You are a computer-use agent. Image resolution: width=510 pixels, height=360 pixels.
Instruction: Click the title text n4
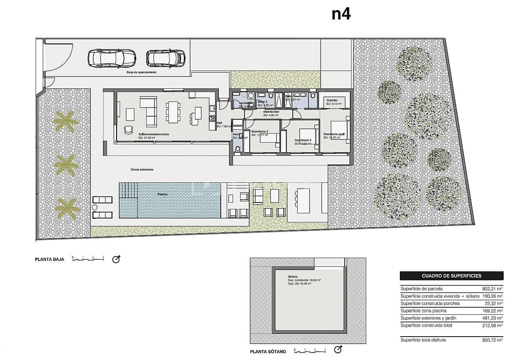click(x=341, y=14)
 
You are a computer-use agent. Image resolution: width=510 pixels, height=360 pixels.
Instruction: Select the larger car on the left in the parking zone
click(x=111, y=58)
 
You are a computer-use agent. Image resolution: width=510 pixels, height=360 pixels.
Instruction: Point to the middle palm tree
click(x=66, y=165)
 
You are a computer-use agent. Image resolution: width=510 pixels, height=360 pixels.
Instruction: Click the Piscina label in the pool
click(x=162, y=194)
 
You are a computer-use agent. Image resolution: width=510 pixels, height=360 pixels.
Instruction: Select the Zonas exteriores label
click(x=142, y=169)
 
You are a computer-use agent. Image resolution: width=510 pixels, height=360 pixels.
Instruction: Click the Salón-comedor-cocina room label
click(x=154, y=134)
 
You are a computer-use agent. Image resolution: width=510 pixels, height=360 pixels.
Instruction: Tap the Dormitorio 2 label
click(x=303, y=140)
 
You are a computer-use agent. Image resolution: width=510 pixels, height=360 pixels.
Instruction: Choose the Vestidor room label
click(x=332, y=100)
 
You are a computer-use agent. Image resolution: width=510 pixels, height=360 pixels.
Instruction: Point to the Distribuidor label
click(x=271, y=112)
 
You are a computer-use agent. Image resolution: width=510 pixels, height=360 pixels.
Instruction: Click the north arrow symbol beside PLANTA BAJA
click(x=116, y=260)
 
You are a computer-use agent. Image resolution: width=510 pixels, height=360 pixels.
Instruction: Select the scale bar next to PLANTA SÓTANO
click(x=309, y=350)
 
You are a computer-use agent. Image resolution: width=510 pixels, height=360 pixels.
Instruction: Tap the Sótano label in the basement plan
click(x=293, y=277)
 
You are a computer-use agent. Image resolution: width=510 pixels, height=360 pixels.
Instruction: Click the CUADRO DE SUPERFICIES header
click(x=451, y=276)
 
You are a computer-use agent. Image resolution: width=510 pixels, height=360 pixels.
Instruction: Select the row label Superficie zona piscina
click(x=424, y=310)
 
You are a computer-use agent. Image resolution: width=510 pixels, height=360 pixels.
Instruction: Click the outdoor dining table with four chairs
click(x=303, y=201)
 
